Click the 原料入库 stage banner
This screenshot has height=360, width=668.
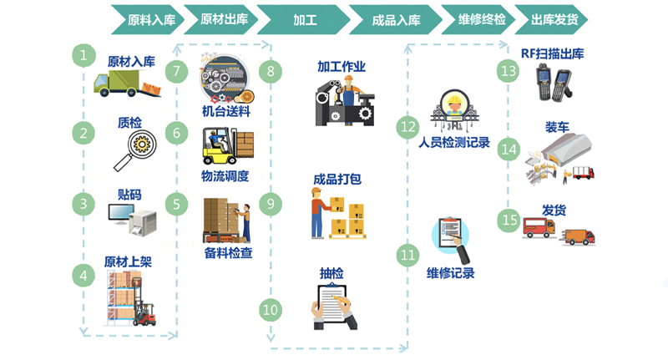148,19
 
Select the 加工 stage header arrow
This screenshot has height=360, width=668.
303,19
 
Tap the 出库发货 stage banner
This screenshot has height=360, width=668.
552,19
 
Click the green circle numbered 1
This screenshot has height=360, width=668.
83,55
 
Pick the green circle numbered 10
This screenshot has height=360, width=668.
271,310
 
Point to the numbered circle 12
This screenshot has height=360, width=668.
407,126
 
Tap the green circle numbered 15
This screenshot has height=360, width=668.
509,220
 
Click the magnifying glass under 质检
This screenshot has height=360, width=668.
135,150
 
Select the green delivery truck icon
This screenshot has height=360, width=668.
127,84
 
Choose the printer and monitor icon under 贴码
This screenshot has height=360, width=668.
132,220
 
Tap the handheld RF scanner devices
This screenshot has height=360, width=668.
554,81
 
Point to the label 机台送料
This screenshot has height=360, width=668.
225,112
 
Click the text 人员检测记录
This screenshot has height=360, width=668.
454,142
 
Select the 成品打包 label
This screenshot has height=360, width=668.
337,180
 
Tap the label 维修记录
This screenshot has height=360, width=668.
451,273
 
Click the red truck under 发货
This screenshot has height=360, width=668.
539,228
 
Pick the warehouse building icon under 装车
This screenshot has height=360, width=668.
567,149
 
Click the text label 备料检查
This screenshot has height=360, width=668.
228,253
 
